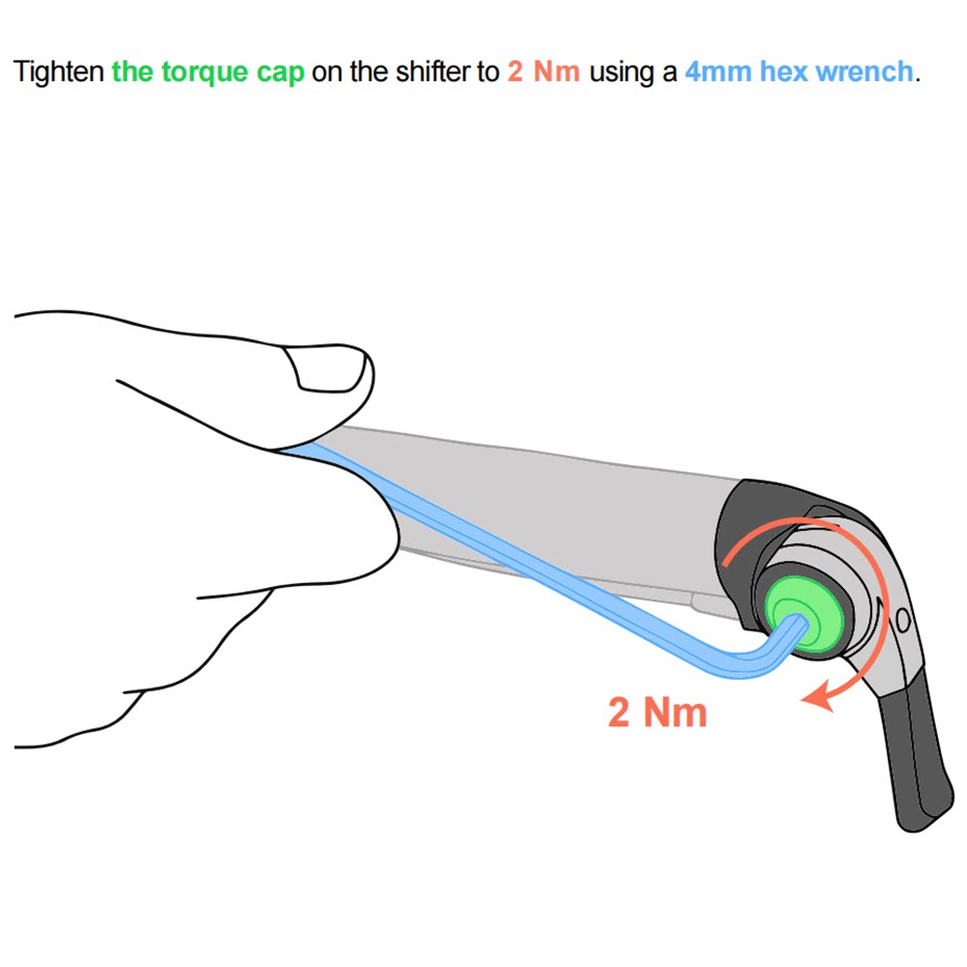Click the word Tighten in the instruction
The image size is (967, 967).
click(x=58, y=73)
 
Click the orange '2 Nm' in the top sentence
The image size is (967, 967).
click(x=543, y=73)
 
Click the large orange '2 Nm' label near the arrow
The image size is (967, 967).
click(x=658, y=712)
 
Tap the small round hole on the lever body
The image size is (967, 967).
click(x=903, y=619)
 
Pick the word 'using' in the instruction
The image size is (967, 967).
click(x=622, y=73)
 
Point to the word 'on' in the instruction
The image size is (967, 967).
click(x=328, y=73)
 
